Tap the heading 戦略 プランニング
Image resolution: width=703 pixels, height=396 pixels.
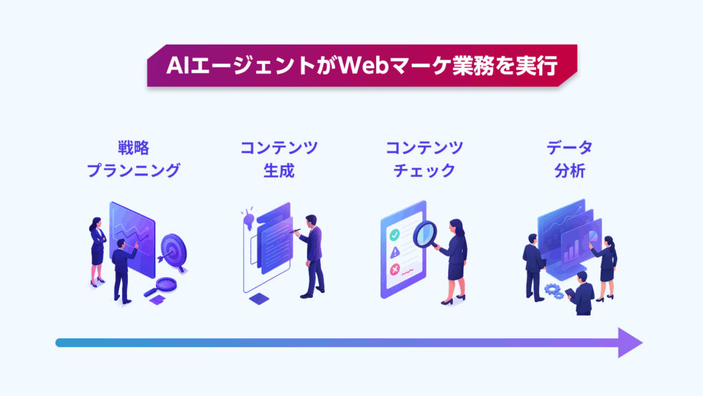134,159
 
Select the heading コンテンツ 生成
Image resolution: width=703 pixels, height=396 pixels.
279,159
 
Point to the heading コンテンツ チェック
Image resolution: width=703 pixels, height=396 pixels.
424,159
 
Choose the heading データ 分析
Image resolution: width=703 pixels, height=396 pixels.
569,159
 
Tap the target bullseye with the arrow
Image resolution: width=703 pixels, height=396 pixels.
172,252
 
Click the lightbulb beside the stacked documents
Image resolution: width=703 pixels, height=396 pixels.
248,219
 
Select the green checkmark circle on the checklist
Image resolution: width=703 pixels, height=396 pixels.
395,234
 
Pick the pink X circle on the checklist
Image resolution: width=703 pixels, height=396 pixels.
395,269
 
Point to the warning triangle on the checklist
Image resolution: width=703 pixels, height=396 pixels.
395,252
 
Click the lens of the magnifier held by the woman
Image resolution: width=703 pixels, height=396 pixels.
424,234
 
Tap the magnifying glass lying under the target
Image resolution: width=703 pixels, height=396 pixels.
161,287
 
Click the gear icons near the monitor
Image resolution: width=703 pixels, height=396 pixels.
554,291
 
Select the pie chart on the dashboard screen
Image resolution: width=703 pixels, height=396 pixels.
592,236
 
